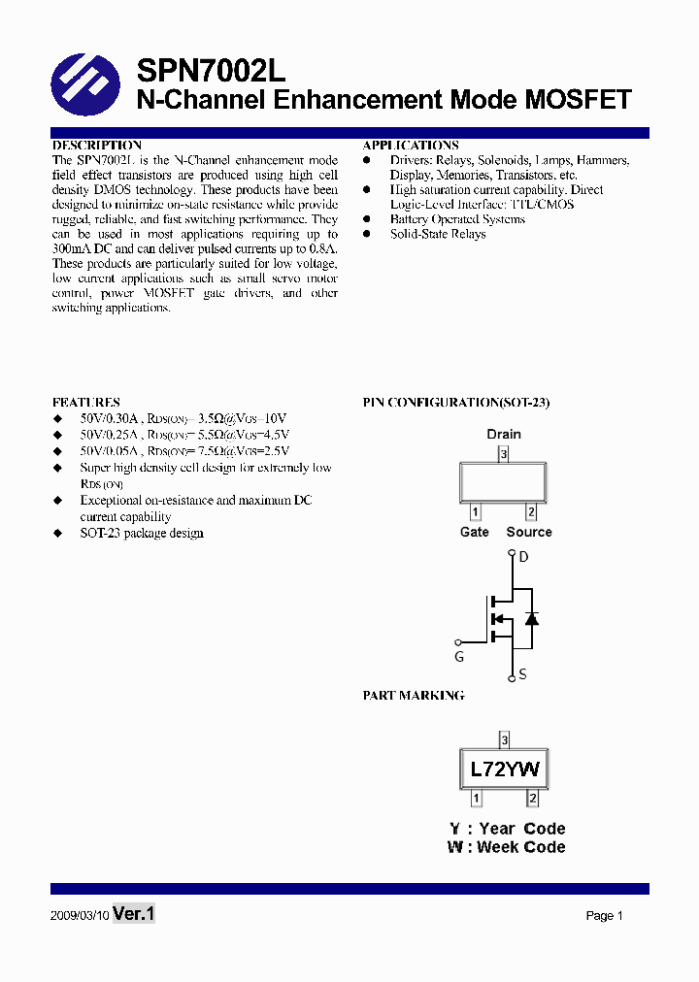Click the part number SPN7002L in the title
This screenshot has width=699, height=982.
point(211,70)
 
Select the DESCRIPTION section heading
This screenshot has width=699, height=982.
point(97,146)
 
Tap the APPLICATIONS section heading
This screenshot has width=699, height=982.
point(411,146)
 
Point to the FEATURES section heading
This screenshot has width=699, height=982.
point(86,402)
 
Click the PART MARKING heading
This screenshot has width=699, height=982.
point(414,695)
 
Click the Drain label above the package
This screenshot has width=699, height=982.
point(504,434)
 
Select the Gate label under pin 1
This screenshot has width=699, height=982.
point(475,532)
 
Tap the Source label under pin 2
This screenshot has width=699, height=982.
point(529,532)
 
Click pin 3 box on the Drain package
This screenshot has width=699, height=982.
point(504,453)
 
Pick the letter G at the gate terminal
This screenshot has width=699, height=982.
point(459,657)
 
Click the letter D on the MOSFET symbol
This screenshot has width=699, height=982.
point(523,557)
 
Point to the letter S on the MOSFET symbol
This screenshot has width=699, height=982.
point(522,673)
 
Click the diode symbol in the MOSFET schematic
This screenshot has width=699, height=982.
point(531,618)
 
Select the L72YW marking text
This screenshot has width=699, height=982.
point(505,769)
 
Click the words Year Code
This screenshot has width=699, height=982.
point(521,829)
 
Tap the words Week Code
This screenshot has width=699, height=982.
point(521,847)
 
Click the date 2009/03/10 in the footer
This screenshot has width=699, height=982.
point(79,915)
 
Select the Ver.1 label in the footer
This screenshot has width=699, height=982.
point(134,914)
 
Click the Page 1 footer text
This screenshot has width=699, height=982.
point(604,915)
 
